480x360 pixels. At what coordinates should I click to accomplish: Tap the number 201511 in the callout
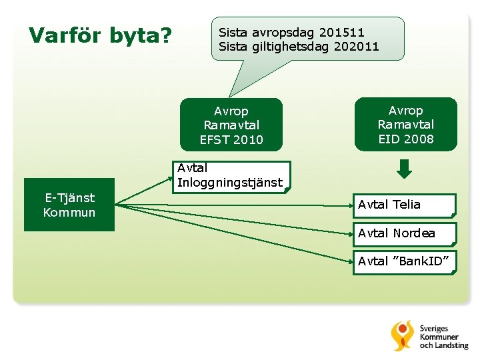point(342,32)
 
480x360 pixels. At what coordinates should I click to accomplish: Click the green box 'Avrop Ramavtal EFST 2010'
point(231,125)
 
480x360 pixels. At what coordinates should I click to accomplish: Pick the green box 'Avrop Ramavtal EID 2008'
point(405,125)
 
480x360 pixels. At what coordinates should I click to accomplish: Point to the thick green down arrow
point(404,169)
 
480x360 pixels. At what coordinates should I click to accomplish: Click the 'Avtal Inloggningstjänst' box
point(231,176)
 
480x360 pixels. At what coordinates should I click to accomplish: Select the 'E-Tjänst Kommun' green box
point(69,205)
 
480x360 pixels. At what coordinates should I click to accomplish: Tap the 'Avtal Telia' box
point(404,205)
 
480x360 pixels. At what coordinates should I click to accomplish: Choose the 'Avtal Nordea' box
point(404,233)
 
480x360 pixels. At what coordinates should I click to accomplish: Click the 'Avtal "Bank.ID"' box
point(404,261)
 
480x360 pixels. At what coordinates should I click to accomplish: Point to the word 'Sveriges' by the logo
point(433,329)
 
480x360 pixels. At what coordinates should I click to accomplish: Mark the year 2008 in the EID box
point(419,139)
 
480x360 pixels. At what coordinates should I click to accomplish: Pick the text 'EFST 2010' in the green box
point(231,139)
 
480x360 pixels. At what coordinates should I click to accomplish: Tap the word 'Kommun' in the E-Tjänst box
point(69,213)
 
